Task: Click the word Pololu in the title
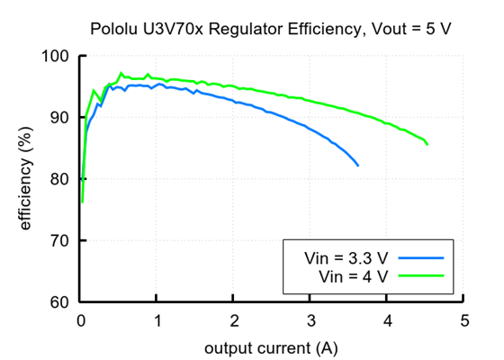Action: [x=114, y=29]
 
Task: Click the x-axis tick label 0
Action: [x=81, y=320]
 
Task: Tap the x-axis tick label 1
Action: [x=157, y=320]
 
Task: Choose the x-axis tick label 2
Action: [x=234, y=320]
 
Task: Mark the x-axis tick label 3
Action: [x=310, y=320]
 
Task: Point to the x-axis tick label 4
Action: [x=387, y=320]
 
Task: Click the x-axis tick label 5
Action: [x=463, y=320]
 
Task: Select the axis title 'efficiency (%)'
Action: [x=26, y=179]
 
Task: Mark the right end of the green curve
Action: [x=427, y=144]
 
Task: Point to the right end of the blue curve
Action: [x=358, y=166]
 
